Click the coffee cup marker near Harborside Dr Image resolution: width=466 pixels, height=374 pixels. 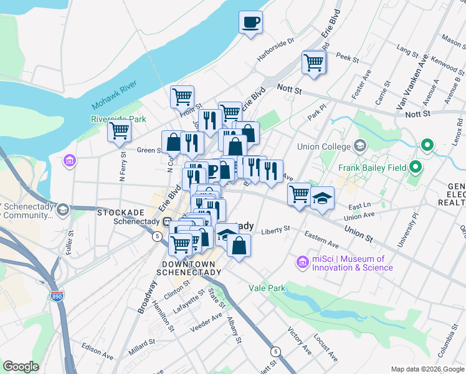251,22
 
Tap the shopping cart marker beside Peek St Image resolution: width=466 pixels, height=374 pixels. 313,62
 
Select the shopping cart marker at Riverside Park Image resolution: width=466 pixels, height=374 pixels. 119,132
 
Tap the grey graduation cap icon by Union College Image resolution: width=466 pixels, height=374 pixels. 359,146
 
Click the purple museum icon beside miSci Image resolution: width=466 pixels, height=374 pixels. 303,262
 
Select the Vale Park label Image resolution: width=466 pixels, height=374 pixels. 267,288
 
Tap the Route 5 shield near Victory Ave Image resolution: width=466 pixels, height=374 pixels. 275,352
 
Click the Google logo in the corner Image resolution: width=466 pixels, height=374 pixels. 21,367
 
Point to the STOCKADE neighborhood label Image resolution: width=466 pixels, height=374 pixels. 121,213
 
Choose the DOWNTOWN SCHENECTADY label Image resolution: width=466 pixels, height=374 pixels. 186,267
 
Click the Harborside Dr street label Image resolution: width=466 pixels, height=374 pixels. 275,50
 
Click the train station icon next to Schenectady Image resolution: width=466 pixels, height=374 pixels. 167,222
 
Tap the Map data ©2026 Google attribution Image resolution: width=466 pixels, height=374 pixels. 427,368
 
